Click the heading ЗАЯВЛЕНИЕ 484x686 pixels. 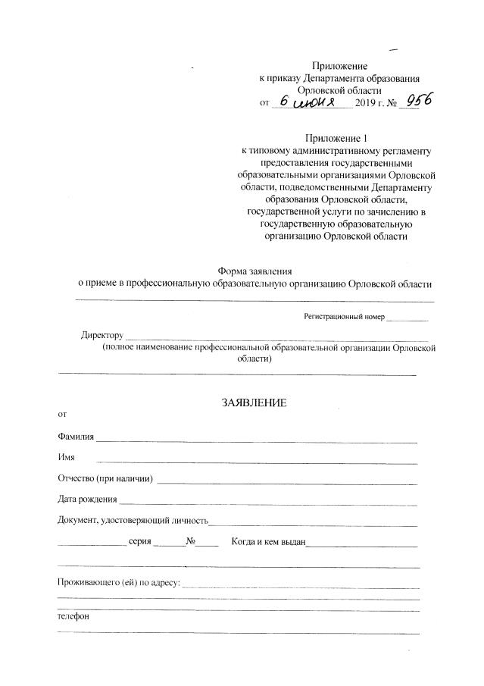click(x=254, y=403)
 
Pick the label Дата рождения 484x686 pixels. click(x=87, y=500)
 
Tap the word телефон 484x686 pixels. click(x=73, y=616)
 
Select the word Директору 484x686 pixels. click(x=101, y=335)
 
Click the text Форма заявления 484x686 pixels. click(x=254, y=271)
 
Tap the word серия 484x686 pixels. click(x=141, y=542)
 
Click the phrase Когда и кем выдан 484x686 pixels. click(x=268, y=542)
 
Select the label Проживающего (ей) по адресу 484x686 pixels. click(x=118, y=582)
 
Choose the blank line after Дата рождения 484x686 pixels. click(x=268, y=503)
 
